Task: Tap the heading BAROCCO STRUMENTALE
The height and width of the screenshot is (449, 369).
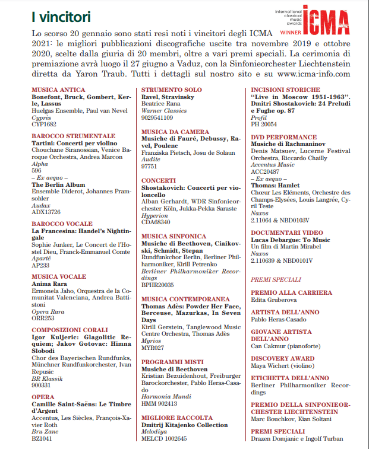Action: (x=73, y=136)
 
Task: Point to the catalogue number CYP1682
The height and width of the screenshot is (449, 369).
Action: (x=45, y=125)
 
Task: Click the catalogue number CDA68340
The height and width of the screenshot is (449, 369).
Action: (x=157, y=222)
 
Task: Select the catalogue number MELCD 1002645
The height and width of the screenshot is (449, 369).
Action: (x=163, y=438)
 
